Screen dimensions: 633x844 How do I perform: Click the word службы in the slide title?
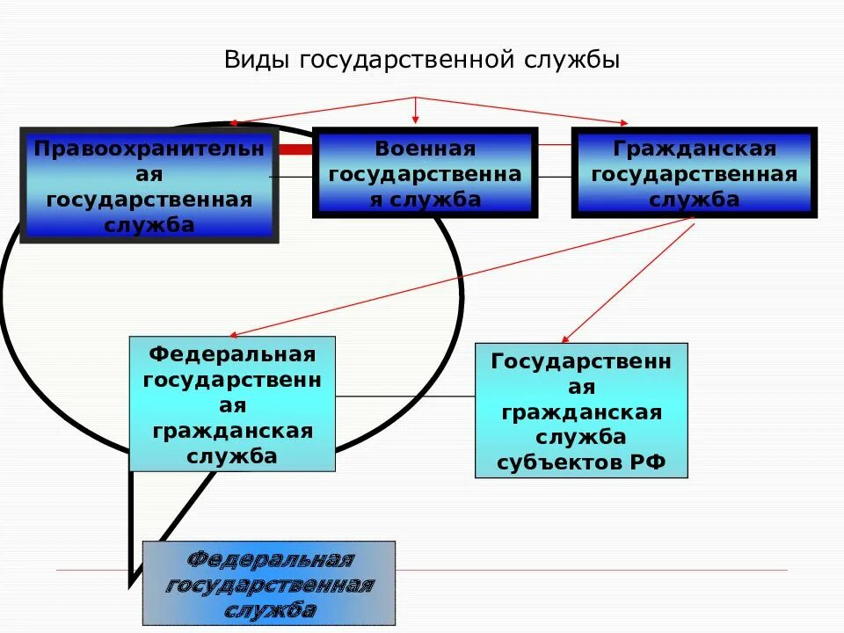pyautogui.click(x=575, y=60)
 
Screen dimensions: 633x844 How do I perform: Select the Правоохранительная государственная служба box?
pyautogui.click(x=149, y=186)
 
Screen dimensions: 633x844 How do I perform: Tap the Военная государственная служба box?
pyautogui.click(x=425, y=173)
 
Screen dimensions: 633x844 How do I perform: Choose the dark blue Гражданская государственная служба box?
pyautogui.click(x=694, y=173)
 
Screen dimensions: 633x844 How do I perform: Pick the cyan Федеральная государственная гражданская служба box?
pyautogui.click(x=232, y=404)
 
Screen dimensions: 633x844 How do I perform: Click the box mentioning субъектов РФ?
pyautogui.click(x=581, y=411)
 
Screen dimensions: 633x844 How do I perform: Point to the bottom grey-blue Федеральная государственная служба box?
pyautogui.click(x=269, y=584)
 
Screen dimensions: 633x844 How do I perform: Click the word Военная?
pyautogui.click(x=425, y=149)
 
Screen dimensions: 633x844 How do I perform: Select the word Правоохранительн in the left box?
pyautogui.click(x=149, y=149)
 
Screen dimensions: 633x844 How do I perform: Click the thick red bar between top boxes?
pyautogui.click(x=296, y=149)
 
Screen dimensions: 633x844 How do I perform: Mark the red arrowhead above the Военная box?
pyautogui.click(x=416, y=120)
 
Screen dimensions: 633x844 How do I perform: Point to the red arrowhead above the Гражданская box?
pyautogui.click(x=625, y=122)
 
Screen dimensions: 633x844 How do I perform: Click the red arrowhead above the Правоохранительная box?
pyautogui.click(x=233, y=124)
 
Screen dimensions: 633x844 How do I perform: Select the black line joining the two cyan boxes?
pyautogui.click(x=404, y=397)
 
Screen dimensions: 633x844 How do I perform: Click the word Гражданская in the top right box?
pyautogui.click(x=694, y=149)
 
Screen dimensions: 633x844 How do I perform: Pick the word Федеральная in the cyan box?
pyautogui.click(x=232, y=354)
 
